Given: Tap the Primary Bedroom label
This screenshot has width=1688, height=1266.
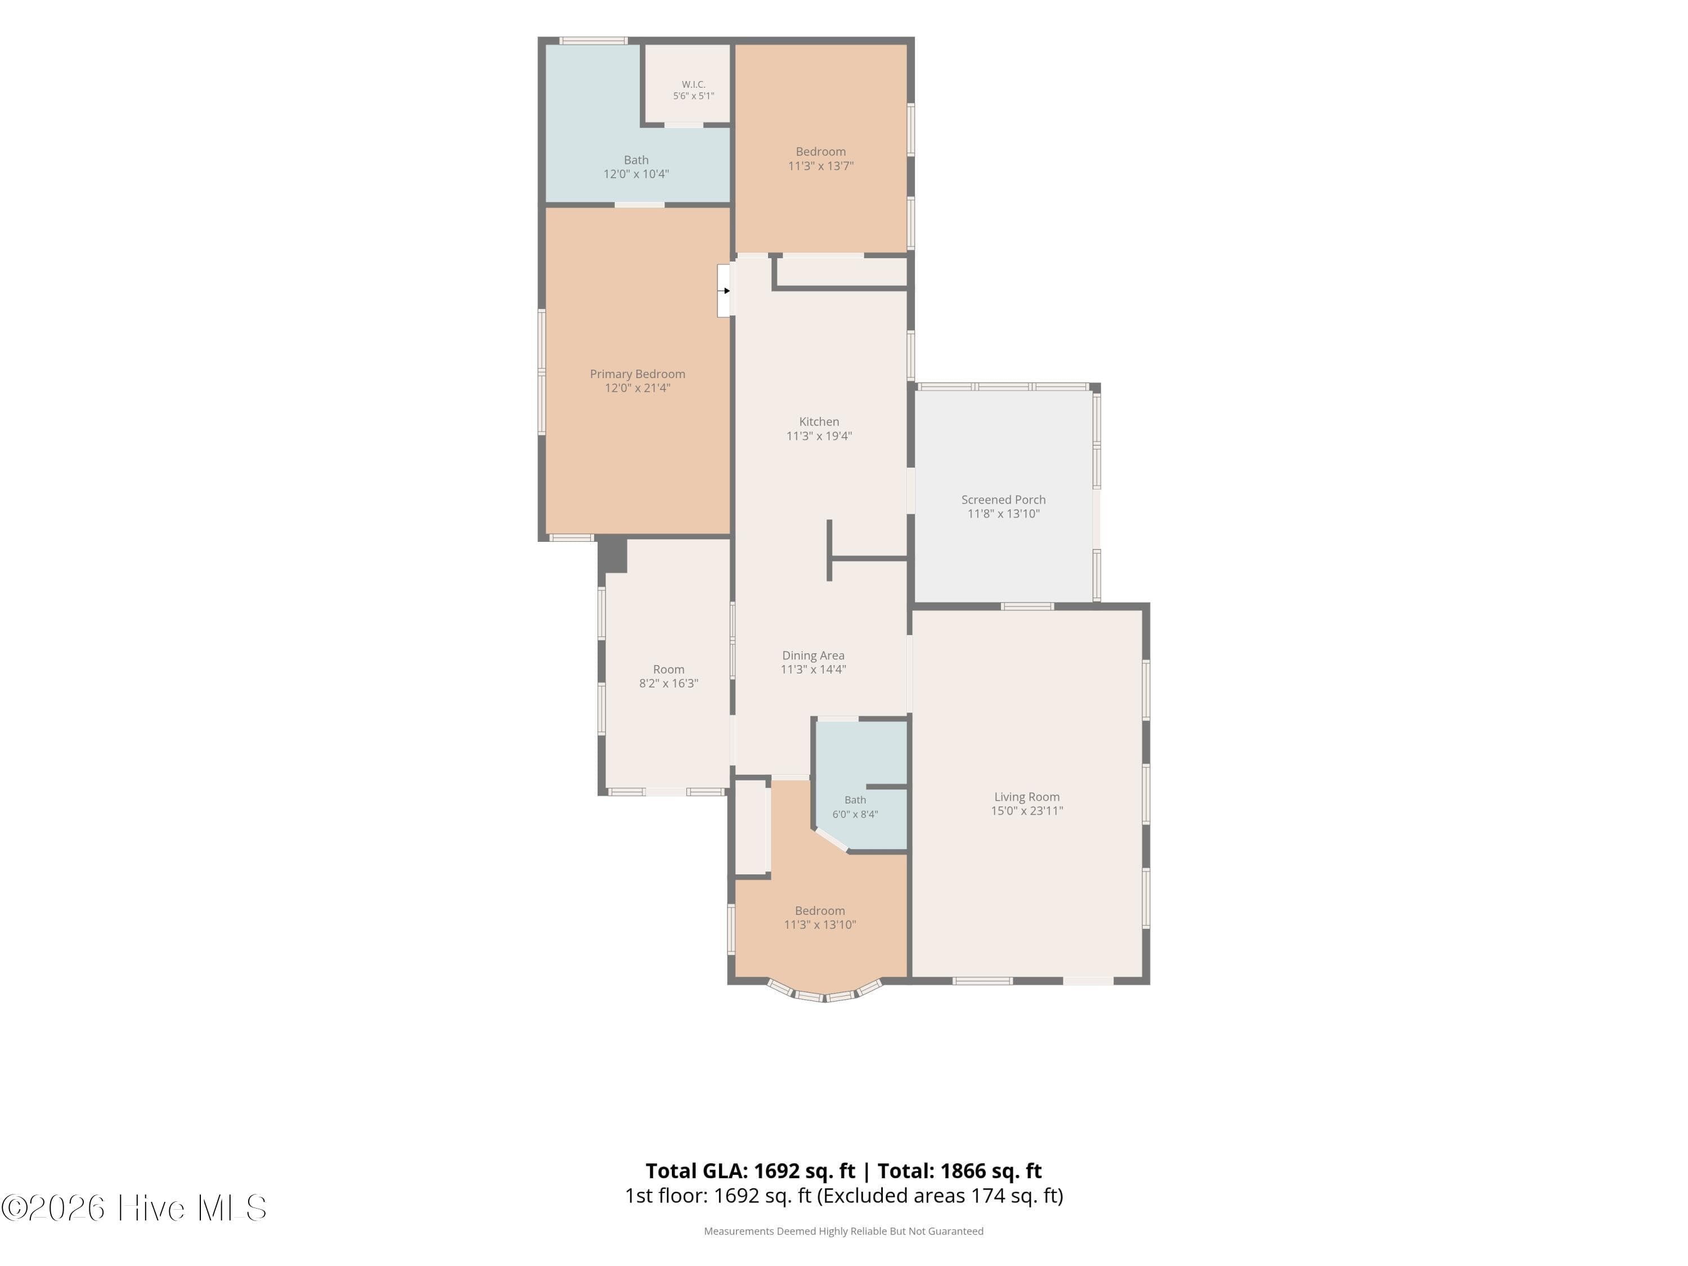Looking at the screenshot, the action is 637,374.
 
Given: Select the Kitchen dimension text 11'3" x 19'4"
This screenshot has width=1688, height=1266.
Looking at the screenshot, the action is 819,436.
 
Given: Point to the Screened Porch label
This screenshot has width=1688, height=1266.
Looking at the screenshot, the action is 1003,500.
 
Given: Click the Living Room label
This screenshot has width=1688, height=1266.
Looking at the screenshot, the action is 1026,797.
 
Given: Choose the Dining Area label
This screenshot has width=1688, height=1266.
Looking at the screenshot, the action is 812,656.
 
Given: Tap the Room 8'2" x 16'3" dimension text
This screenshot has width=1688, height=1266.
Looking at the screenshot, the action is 668,683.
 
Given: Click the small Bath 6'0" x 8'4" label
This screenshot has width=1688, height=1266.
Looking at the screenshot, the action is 855,807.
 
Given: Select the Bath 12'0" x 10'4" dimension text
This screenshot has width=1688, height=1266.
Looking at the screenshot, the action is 636,174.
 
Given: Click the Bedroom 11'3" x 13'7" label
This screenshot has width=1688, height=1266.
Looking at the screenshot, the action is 820,159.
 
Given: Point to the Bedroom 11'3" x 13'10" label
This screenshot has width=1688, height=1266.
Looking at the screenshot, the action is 820,917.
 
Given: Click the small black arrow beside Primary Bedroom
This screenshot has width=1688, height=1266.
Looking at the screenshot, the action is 726,291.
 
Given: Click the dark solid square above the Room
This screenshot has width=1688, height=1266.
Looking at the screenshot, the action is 612,555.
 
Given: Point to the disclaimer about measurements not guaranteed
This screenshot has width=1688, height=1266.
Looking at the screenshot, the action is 843,1231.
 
